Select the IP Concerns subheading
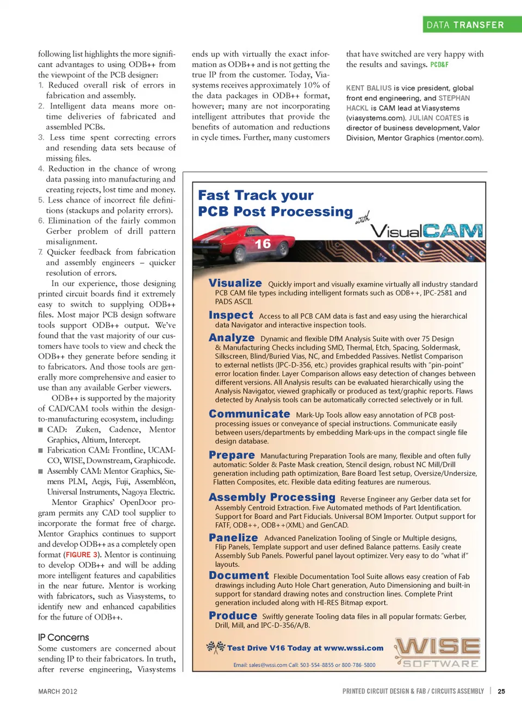tap(64, 637)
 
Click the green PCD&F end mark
tap(439, 65)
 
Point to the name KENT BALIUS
tap(369, 88)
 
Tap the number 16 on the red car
tap(263, 244)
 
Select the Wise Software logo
tap(438, 652)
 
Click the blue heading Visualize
tap(235, 283)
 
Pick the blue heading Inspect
tap(231, 315)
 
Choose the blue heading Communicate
tap(250, 414)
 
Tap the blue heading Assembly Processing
tap(272, 497)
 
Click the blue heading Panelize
tap(233, 538)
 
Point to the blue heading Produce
tap(233, 615)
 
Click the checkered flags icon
tap(216, 647)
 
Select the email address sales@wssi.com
tap(268, 665)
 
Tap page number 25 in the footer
tap(501, 692)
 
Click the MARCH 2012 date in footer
tap(58, 692)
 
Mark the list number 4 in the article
tap(41, 169)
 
